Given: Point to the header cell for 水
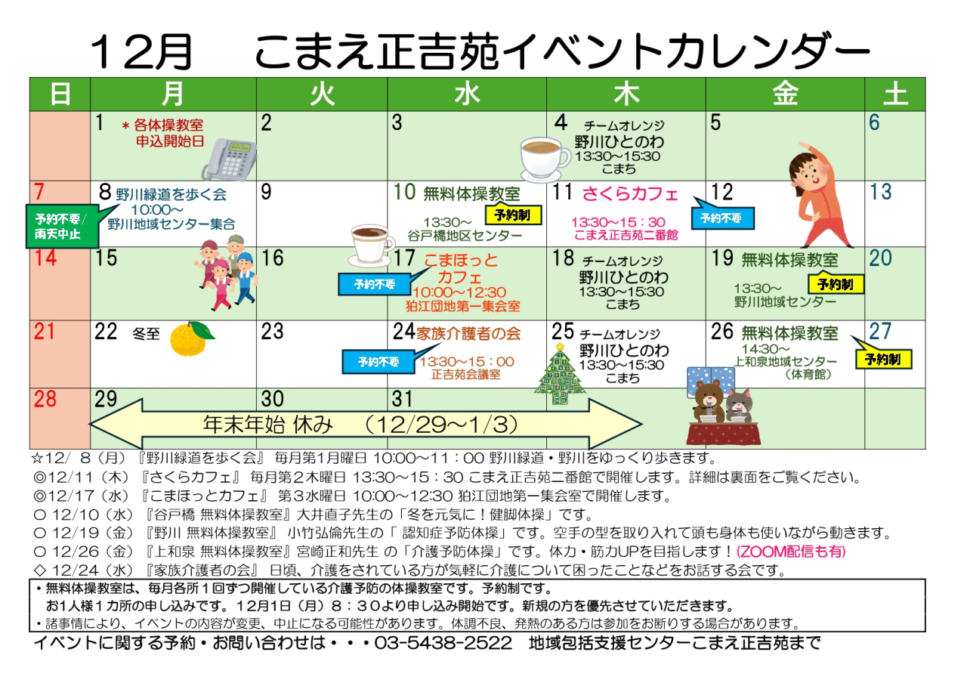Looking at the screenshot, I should pyautogui.click(x=467, y=94).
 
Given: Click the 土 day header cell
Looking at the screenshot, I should pyautogui.click(x=894, y=94).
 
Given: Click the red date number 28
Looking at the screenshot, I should pyautogui.click(x=45, y=399).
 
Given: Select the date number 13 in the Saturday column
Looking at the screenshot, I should pyautogui.click(x=880, y=192).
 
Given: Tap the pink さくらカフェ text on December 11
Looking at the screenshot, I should pyautogui.click(x=630, y=193).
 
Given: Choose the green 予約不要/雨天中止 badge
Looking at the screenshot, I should pyautogui.click(x=62, y=225).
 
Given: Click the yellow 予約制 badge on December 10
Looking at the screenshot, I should pyautogui.click(x=512, y=215).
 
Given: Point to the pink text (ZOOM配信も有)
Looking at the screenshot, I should pyautogui.click(x=792, y=552).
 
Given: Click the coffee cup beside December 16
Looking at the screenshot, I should pyautogui.click(x=372, y=243).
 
